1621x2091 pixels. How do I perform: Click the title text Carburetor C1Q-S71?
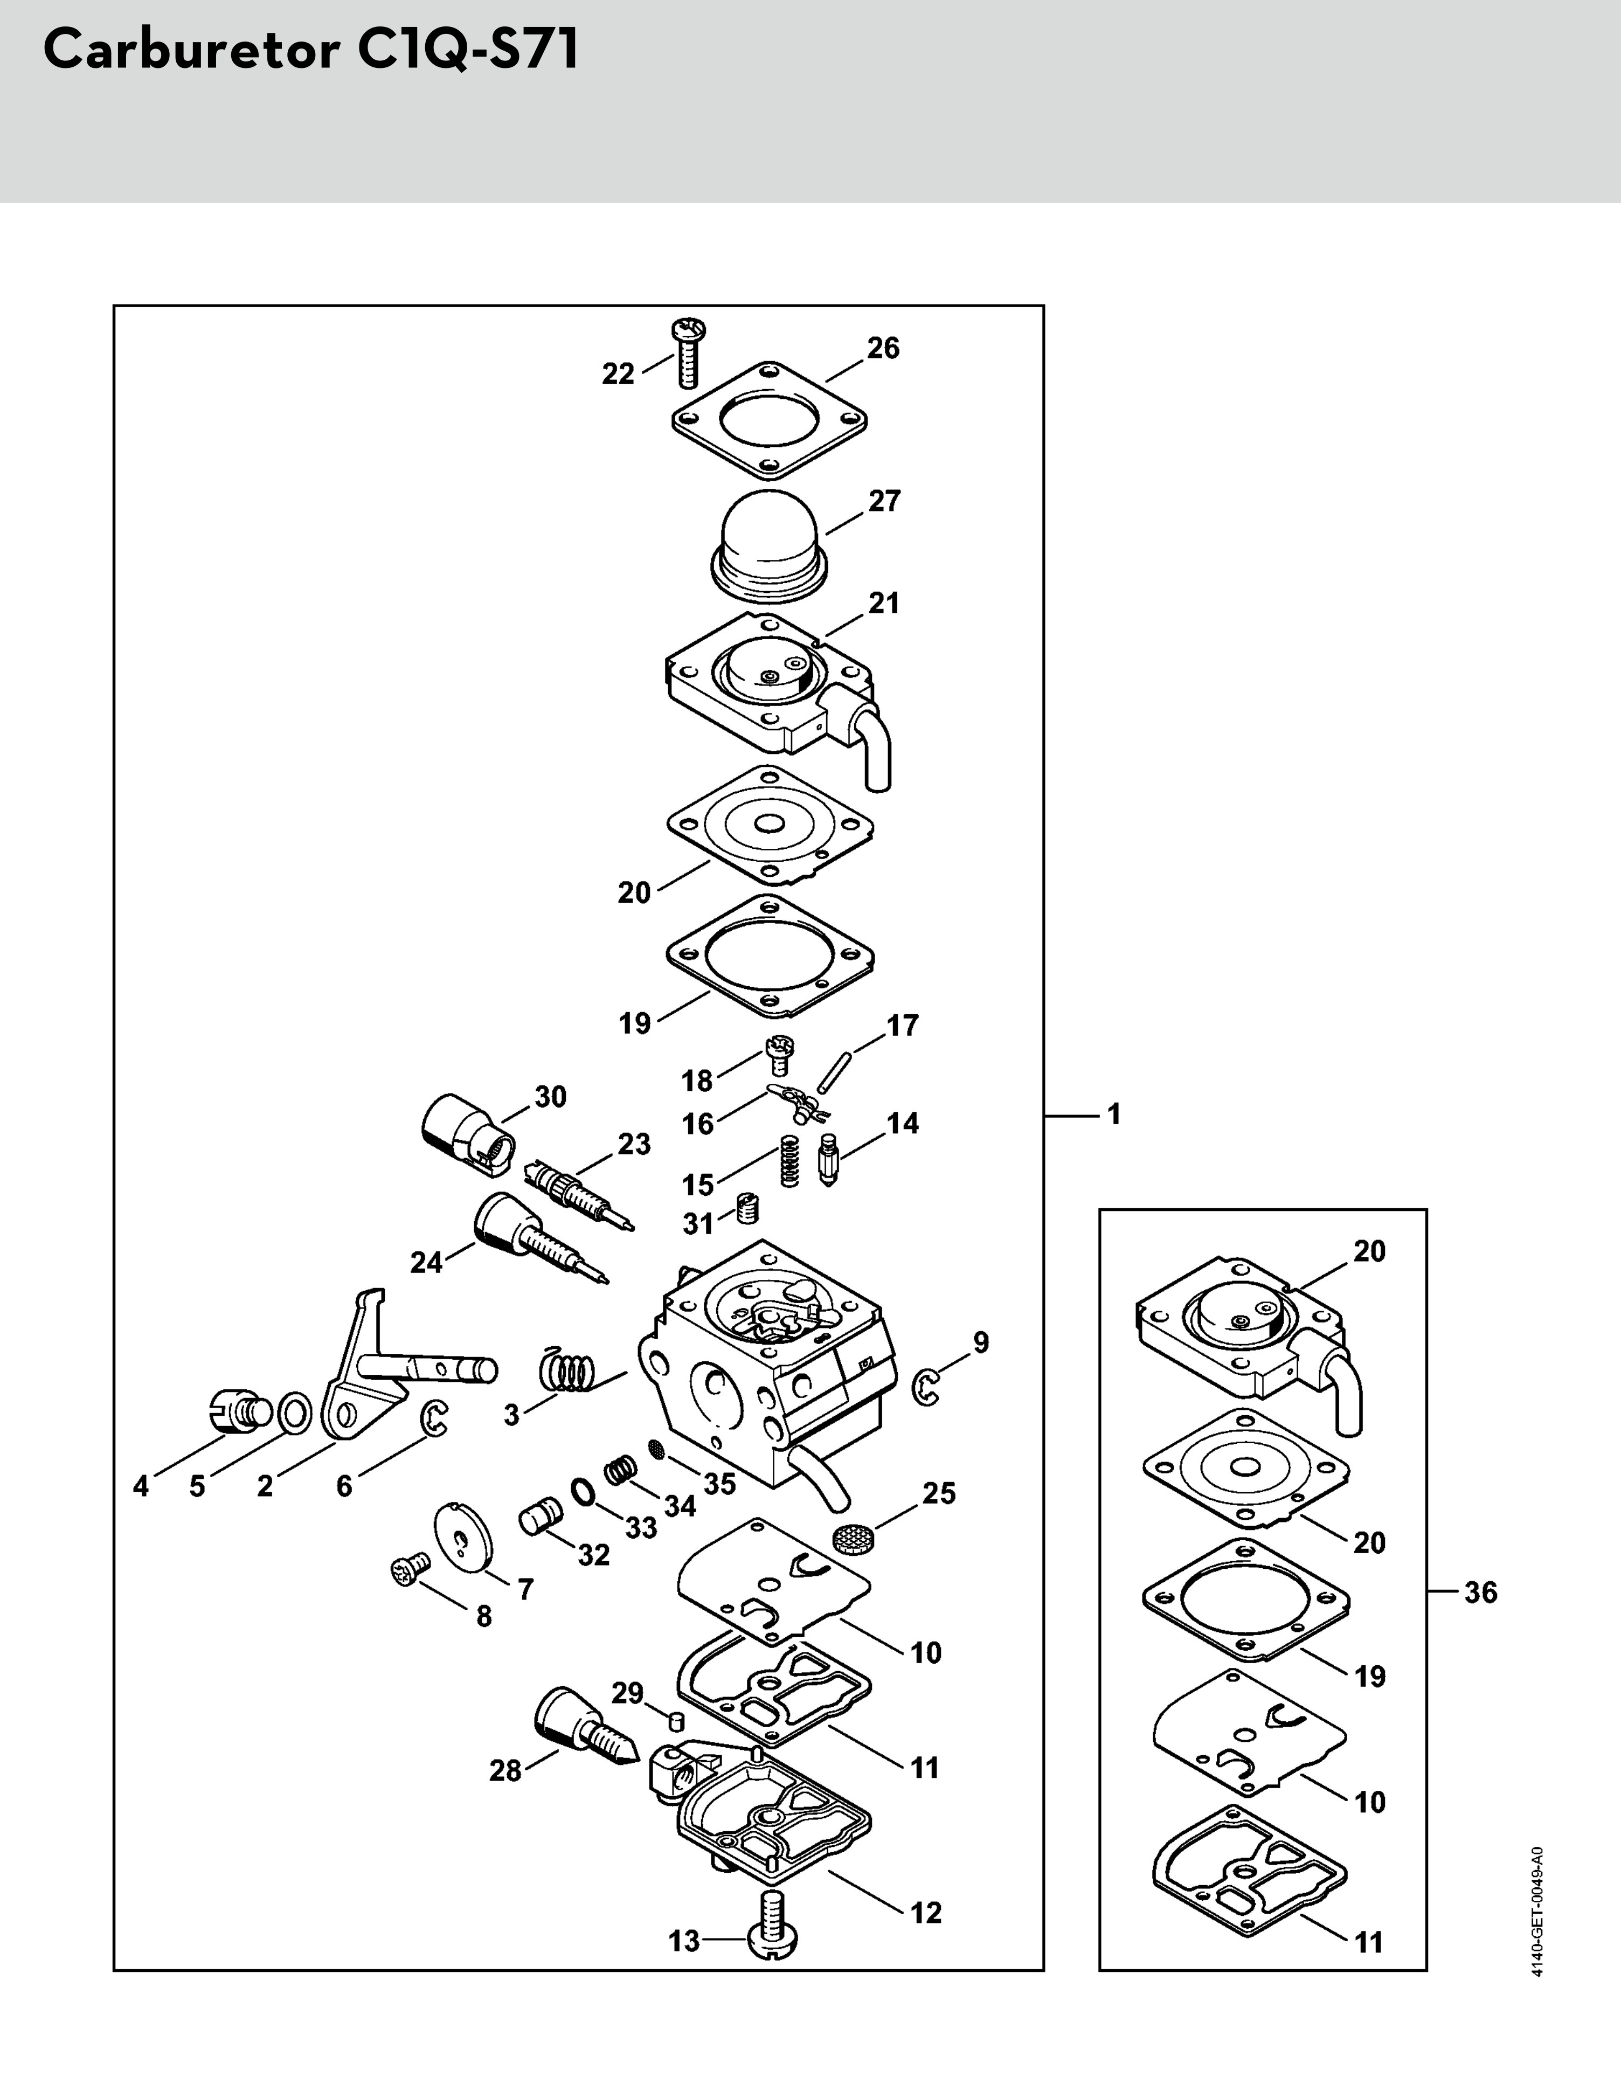click(311, 50)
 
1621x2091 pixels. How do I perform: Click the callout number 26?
click(883, 349)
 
